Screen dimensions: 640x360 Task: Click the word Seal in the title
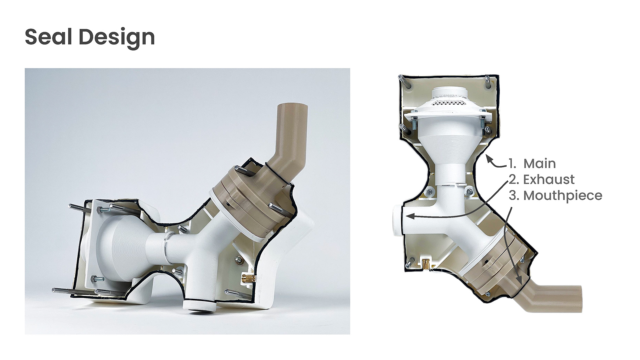pos(48,37)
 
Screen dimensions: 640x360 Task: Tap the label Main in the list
pos(540,164)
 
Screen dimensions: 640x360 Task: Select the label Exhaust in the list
pos(549,180)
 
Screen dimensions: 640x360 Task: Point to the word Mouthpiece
pos(563,196)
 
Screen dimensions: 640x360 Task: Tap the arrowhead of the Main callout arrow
pos(489,159)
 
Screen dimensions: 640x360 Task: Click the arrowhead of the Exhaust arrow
pos(410,216)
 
